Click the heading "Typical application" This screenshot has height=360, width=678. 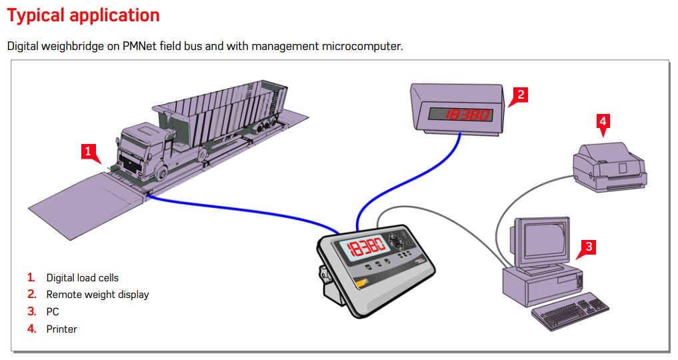(83, 15)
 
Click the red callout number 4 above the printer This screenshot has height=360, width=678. (603, 121)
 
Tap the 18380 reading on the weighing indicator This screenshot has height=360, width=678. (365, 248)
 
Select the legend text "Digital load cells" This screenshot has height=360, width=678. (82, 277)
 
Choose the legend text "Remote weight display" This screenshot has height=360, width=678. (97, 295)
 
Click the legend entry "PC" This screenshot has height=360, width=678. (53, 312)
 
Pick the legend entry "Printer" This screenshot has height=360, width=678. (61, 329)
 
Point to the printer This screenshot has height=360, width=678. (609, 167)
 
